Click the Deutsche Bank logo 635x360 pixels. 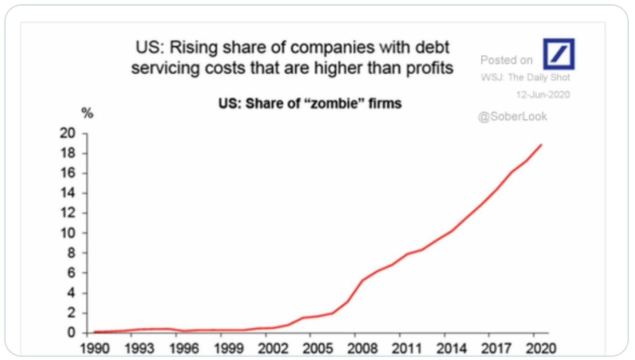click(558, 54)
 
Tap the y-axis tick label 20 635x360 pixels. click(68, 133)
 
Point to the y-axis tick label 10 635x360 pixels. click(68, 233)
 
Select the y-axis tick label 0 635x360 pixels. click(71, 333)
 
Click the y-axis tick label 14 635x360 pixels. click(68, 193)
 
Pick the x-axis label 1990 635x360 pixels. click(95, 348)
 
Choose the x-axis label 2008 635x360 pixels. click(362, 348)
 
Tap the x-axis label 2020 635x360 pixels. click(541, 348)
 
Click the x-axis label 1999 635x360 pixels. click(228, 348)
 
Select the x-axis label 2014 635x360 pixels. click(451, 348)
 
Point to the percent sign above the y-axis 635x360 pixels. click(87, 113)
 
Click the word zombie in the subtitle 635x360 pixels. click(334, 103)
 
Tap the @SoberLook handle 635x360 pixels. click(512, 117)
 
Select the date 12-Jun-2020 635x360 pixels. click(543, 95)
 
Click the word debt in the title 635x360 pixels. click(432, 47)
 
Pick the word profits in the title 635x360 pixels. click(429, 68)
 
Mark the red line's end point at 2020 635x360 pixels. click(541, 145)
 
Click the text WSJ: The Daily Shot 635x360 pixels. click(525, 77)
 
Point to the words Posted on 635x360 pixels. click(506, 60)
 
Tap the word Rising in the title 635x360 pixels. click(194, 47)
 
